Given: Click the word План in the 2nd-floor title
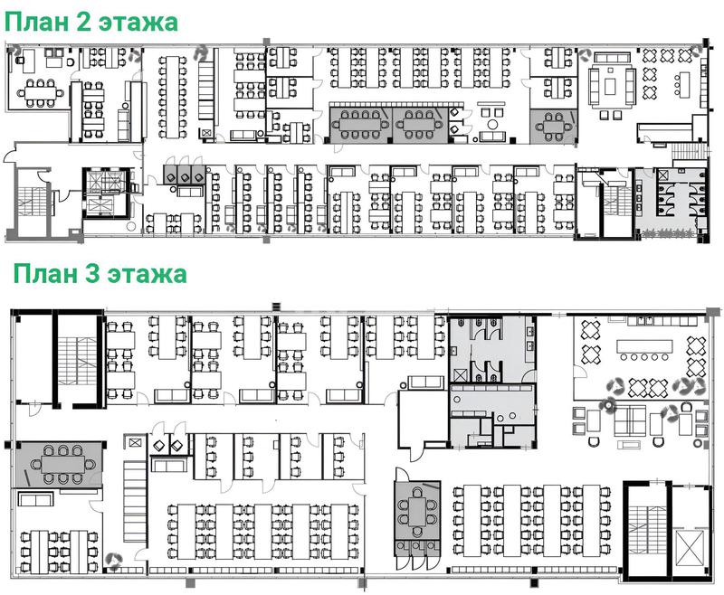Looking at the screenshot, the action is point(35,22).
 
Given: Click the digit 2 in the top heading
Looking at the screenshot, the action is point(83,22).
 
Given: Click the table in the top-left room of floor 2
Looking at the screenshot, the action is point(41,93).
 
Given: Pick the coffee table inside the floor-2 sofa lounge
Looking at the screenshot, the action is point(612,86).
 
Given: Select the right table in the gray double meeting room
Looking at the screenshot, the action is point(418,124).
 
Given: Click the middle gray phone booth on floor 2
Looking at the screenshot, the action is point(184,174).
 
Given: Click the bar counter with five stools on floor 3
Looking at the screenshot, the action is point(644,346).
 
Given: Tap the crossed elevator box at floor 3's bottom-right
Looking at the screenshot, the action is point(688,547).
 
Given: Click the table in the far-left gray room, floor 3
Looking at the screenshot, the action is point(62,464).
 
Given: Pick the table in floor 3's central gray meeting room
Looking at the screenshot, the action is point(417,512).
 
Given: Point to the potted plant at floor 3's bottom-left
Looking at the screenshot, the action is point(113,559).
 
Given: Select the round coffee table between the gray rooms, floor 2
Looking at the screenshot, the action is point(493,124).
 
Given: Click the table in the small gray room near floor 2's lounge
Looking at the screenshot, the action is point(553,127).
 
